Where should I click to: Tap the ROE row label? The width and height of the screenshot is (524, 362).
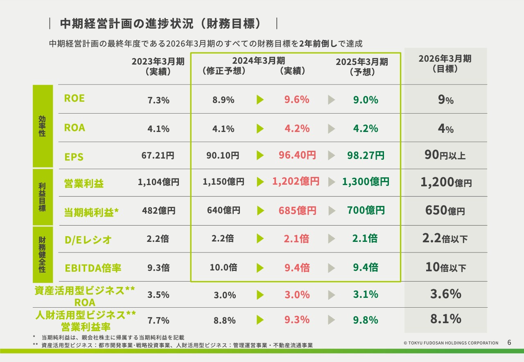pos(75,98)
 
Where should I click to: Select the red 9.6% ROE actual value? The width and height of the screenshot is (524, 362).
pos(297,100)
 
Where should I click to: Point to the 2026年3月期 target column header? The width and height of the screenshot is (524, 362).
pos(445,64)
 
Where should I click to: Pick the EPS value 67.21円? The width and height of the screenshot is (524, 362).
pos(158,156)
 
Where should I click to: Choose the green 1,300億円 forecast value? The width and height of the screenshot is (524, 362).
pos(366,182)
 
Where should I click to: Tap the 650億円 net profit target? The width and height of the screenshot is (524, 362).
pos(445,211)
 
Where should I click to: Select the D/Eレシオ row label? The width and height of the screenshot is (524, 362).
pos(88,239)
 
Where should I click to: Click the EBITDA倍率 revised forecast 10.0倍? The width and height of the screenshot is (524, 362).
pos(224,268)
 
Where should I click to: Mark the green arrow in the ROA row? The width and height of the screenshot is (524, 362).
pos(260,129)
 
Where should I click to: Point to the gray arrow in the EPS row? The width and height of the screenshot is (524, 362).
pos(332,156)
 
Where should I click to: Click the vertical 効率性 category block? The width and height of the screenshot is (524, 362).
pos(43,126)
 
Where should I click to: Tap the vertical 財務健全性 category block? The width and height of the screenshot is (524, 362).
pos(43,254)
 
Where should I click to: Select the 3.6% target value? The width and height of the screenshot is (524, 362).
pos(445,294)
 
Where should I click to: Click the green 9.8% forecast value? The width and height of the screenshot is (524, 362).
pos(366,320)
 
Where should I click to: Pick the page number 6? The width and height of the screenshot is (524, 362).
pos(509,342)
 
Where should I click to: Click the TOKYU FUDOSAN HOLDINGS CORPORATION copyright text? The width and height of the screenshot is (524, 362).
pos(451,343)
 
